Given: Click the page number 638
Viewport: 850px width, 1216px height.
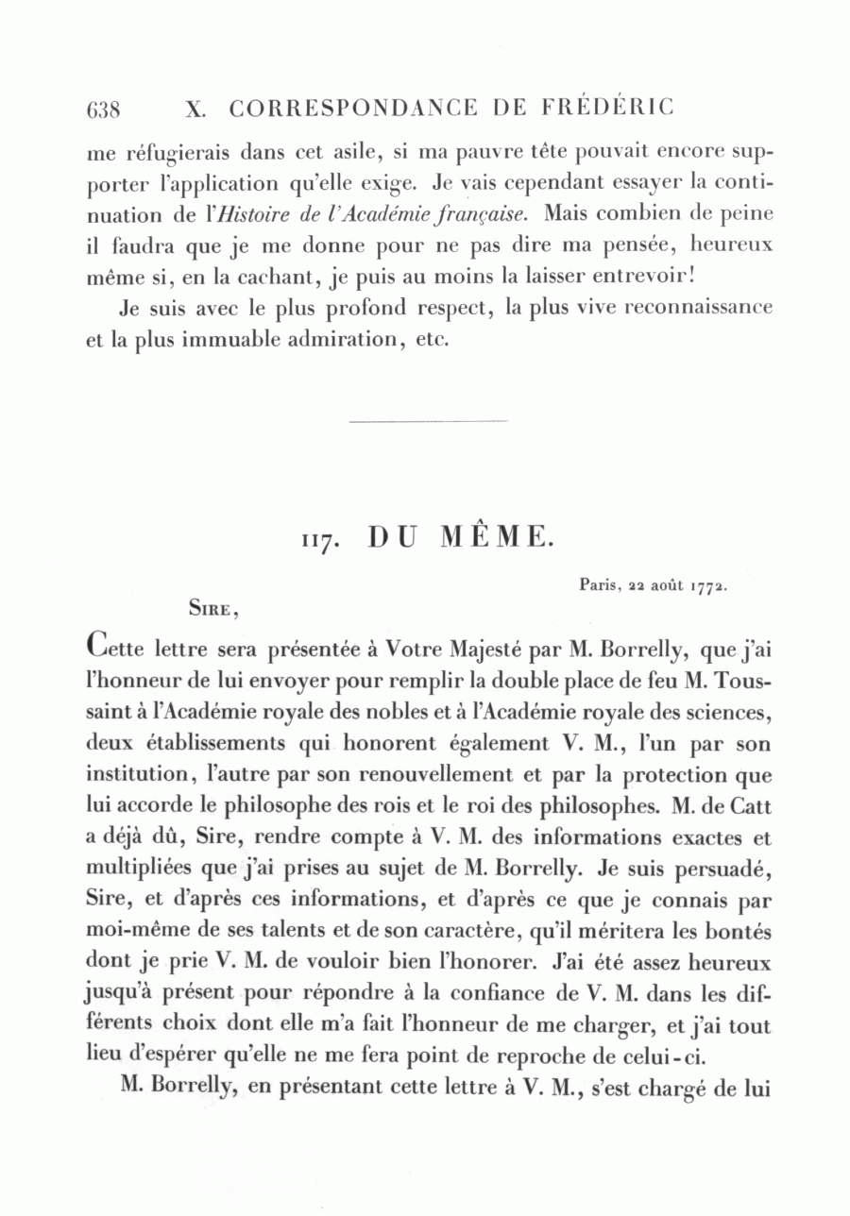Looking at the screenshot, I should pyautogui.click(x=103, y=109).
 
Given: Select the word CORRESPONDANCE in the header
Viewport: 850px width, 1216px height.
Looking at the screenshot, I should pyautogui.click(x=353, y=108).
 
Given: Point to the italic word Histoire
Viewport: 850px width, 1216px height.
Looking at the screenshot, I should pyautogui.click(x=249, y=214).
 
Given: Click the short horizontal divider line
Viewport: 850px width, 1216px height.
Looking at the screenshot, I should pyautogui.click(x=428, y=421).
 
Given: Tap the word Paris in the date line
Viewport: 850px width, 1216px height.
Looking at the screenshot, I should pyautogui.click(x=597, y=584).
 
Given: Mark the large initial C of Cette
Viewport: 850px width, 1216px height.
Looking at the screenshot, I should pyautogui.click(x=95, y=647).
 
